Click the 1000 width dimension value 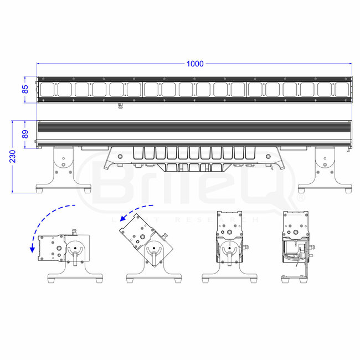coord(194,64)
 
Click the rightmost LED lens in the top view coord(341,89)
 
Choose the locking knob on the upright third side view coord(229,255)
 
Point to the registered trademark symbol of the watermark coord(301,197)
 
